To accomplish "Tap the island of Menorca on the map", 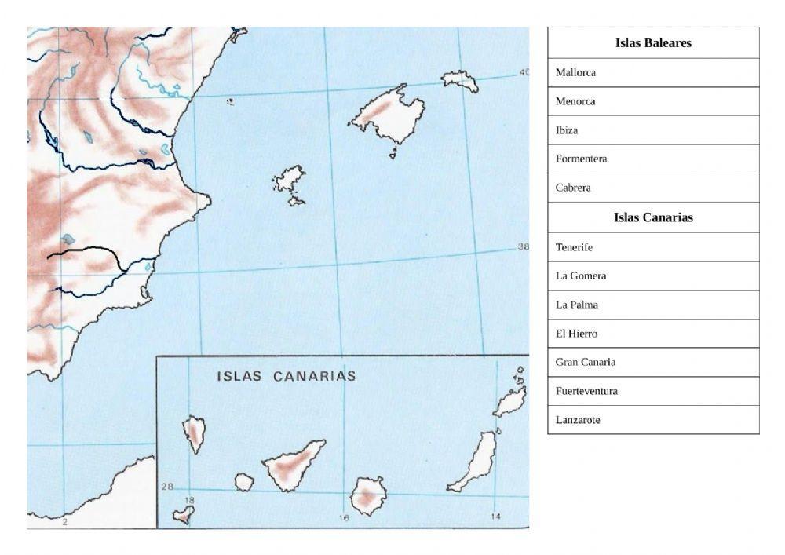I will click(459, 80).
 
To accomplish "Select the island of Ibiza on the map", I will click(289, 180).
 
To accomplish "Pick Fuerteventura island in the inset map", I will click(476, 462).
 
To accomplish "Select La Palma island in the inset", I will click(193, 433).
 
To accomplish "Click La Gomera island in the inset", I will click(244, 482).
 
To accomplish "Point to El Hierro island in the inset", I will click(184, 515).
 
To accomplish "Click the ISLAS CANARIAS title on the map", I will click(286, 376).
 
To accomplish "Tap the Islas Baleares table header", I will click(653, 43).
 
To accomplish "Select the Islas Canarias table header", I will click(653, 217).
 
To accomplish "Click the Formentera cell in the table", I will click(653, 159).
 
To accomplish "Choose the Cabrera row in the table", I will click(653, 188).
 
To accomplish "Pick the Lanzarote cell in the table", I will click(653, 420).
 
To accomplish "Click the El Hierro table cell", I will click(653, 334).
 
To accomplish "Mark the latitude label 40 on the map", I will click(524, 73).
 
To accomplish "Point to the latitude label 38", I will click(524, 247).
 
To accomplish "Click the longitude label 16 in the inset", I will click(343, 517).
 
